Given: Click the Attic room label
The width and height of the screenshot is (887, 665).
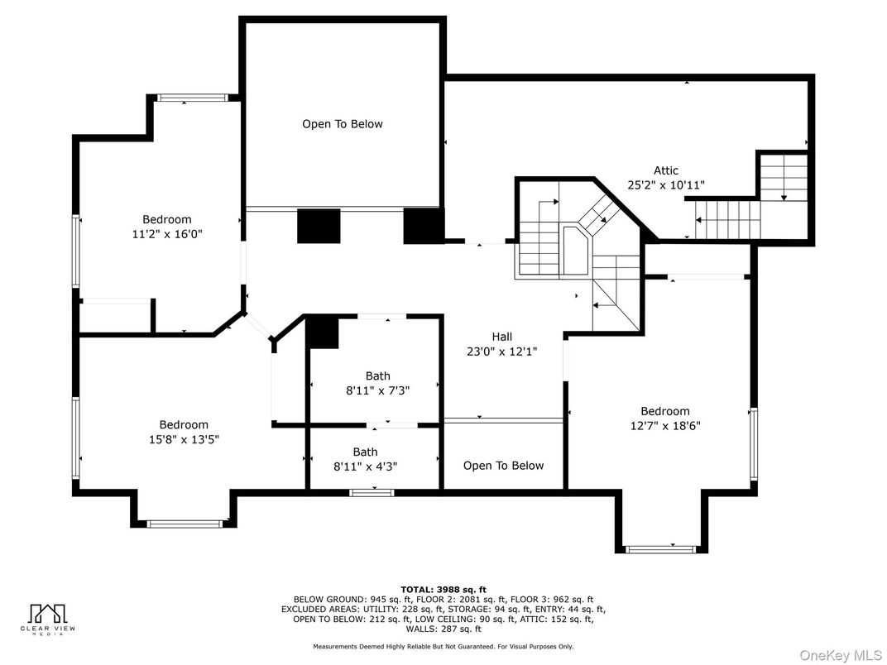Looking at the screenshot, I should click(665, 171).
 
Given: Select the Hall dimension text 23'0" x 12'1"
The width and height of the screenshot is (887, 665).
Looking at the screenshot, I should click(501, 351).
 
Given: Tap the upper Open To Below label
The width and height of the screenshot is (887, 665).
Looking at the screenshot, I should click(342, 124).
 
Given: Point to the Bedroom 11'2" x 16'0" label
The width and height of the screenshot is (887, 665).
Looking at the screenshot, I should click(166, 219).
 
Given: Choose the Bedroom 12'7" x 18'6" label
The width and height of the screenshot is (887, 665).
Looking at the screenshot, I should click(664, 411).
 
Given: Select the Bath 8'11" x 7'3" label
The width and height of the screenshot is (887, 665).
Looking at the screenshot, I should click(377, 376).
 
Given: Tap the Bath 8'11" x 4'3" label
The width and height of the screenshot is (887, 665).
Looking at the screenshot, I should click(365, 452).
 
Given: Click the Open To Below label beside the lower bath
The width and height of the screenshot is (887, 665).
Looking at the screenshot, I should click(503, 466).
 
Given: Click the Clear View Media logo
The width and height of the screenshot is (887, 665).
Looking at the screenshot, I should click(46, 618).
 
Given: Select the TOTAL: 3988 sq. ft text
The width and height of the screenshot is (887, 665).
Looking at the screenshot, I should click(443, 590).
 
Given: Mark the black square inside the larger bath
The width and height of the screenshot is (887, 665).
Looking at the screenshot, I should click(323, 333).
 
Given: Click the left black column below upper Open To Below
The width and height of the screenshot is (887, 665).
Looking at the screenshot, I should click(319, 226).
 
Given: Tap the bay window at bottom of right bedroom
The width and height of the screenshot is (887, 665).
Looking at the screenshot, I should click(661, 548).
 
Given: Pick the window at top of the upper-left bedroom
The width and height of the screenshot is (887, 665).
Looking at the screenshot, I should click(192, 98).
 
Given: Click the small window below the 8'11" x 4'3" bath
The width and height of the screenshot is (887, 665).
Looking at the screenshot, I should click(371, 493).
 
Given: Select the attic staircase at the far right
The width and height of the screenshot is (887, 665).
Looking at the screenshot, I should click(783, 177).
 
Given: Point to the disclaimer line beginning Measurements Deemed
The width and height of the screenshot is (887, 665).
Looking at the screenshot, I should click(443, 646).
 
